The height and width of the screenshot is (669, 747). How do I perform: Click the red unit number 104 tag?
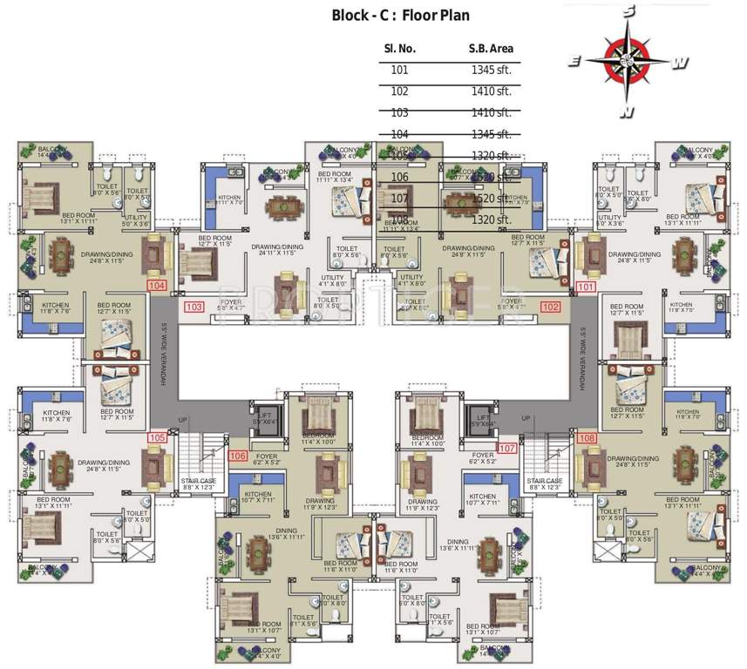[x=158, y=285]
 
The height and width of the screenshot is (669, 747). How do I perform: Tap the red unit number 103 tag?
[x=194, y=307]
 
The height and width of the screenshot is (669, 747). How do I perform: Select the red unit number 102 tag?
[x=551, y=306]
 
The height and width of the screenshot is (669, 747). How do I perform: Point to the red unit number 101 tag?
[x=587, y=286]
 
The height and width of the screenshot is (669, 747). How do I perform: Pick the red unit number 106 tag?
[x=237, y=455]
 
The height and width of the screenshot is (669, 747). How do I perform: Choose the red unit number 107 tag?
[x=507, y=448]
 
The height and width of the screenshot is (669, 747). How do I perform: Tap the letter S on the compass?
[x=628, y=11]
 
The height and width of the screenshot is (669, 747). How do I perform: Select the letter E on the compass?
[x=575, y=60]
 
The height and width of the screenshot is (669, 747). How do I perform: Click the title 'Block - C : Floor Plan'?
[x=400, y=16]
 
